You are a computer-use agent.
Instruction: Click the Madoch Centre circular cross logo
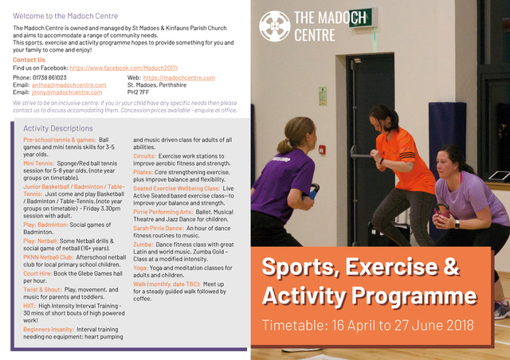pos(276,25)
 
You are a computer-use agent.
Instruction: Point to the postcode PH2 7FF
pos(139,92)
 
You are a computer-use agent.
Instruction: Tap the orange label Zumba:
pos(144,242)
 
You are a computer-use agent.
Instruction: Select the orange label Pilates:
pos(143,171)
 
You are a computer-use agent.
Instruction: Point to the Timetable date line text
pos(367,325)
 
